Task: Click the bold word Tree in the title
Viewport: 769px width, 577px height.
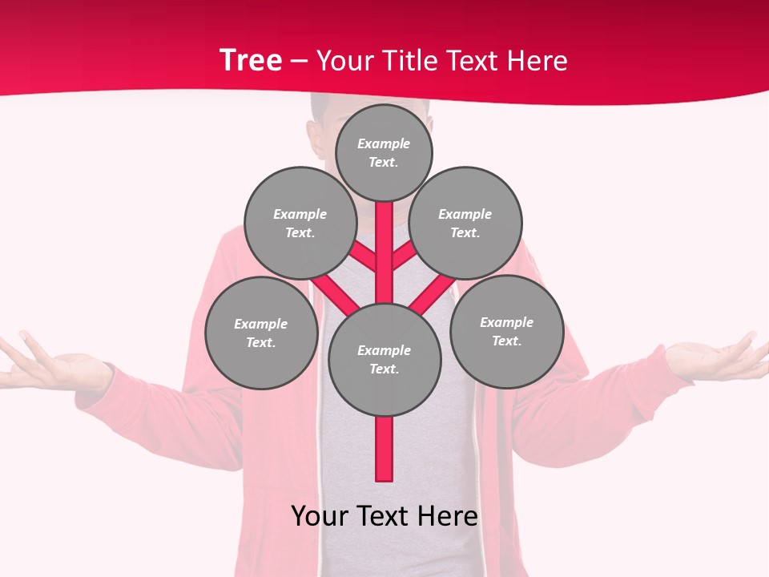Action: pos(251,61)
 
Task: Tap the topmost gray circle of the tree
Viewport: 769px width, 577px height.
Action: pos(384,152)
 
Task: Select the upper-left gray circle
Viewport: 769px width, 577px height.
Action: pos(300,223)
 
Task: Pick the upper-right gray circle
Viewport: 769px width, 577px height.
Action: pos(465,223)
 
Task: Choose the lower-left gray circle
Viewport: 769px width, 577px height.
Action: pos(261,333)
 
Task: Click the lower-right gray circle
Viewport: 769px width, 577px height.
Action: pos(507,331)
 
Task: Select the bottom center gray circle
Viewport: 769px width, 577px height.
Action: pos(384,359)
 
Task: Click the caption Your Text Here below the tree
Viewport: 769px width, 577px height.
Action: pos(384,516)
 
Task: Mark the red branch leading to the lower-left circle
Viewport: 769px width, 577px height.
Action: pos(335,295)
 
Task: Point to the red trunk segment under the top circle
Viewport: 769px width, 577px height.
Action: pos(384,240)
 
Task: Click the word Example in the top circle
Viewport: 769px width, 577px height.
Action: pos(384,144)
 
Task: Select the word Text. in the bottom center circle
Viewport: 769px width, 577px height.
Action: pos(384,369)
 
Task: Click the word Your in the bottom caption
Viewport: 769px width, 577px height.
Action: pos(320,516)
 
